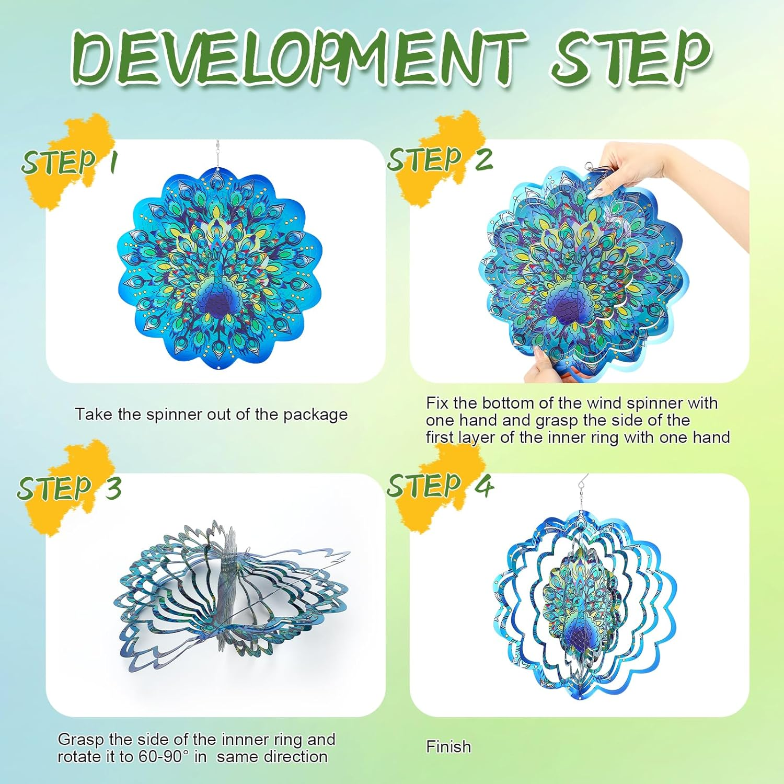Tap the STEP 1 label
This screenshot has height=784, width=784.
[x=69, y=162]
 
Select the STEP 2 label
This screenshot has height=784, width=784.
[x=440, y=159]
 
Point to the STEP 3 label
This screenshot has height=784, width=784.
[x=69, y=488]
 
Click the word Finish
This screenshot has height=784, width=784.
[x=448, y=746]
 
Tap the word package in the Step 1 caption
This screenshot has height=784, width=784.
[x=315, y=415]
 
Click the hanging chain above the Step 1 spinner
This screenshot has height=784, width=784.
[x=217, y=154]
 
